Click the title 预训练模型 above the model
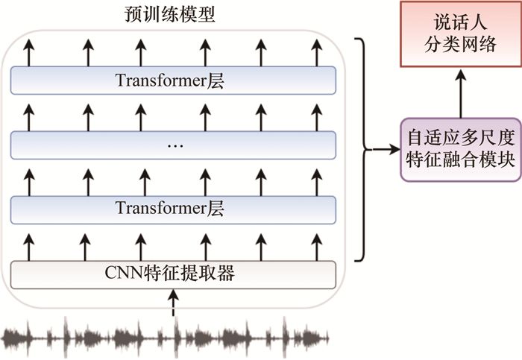tap(171, 14)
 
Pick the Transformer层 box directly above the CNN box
tap(173, 208)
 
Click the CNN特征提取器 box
tap(173, 274)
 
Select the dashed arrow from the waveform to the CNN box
tap(174, 303)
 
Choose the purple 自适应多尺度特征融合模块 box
tap(459, 149)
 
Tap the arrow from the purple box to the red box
tap(460, 95)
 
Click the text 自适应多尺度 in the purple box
tap(460, 139)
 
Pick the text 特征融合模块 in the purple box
tap(460, 160)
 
